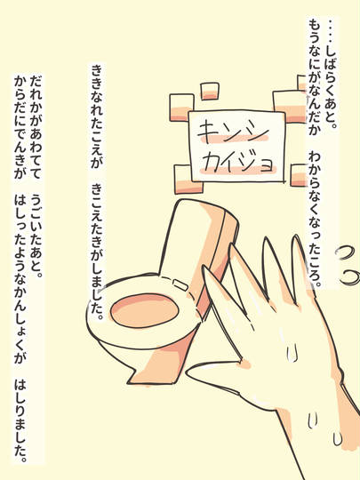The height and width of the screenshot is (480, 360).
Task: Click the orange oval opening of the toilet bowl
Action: (144, 310)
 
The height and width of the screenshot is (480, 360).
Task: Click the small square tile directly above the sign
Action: (210, 91)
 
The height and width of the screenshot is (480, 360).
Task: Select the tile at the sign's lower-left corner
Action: (187, 179)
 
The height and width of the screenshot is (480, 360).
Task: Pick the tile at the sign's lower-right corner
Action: (299, 175)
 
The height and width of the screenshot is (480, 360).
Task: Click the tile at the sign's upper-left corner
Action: (182, 108)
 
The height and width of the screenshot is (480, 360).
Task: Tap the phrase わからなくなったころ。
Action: (314, 220)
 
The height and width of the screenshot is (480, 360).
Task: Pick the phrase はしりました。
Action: (20, 421)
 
